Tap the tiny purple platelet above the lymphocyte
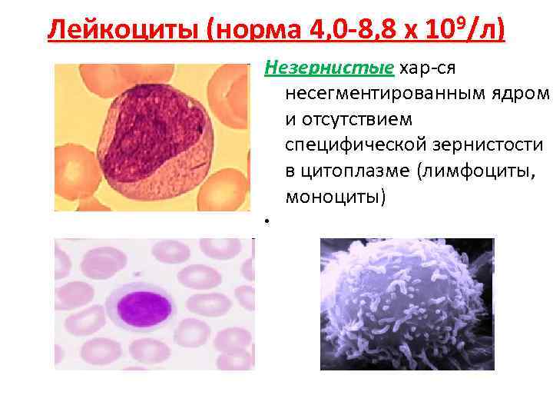pos(137,274)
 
